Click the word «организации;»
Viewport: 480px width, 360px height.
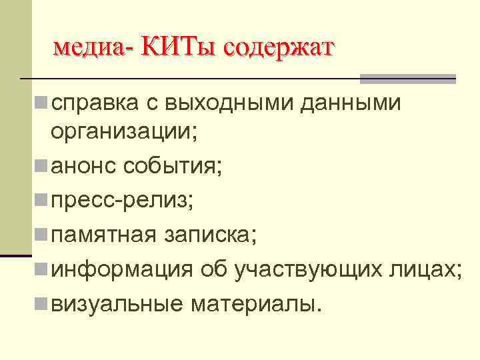[124, 131]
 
